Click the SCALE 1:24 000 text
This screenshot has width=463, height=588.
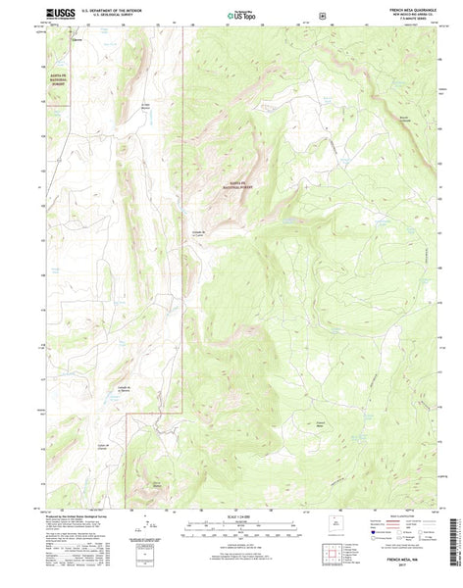tap(231, 517)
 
